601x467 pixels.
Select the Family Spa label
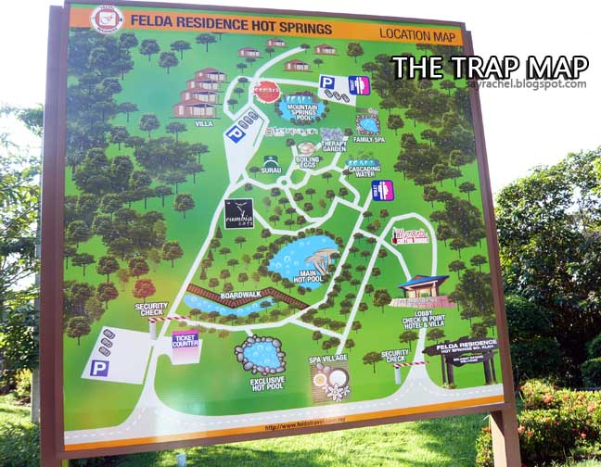[x=369, y=140]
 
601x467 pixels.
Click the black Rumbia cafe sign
[x=238, y=213]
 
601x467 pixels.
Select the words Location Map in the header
[x=419, y=35]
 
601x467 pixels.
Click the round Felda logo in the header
[x=106, y=19]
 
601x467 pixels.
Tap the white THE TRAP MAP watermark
[x=489, y=68]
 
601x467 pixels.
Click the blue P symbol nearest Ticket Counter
[x=99, y=368]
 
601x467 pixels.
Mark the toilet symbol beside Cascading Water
[x=382, y=191]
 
